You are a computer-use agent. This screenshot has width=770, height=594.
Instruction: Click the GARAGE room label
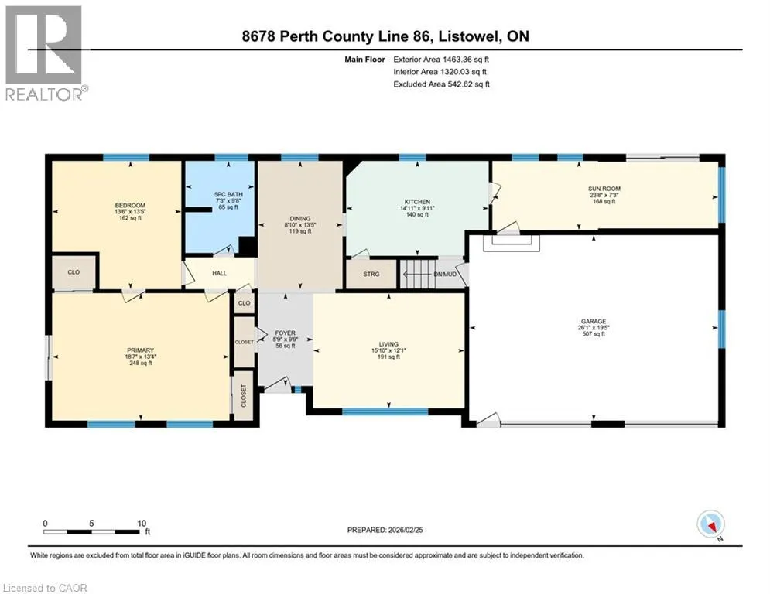pyautogui.click(x=594, y=322)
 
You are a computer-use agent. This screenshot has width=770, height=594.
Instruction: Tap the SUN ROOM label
pyautogui.click(x=604, y=189)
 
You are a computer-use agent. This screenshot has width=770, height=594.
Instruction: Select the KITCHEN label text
pyautogui.click(x=417, y=202)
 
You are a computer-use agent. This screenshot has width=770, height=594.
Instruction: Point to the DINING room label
pyautogui.click(x=300, y=219)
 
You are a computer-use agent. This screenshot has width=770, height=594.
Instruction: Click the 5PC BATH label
pyautogui.click(x=228, y=194)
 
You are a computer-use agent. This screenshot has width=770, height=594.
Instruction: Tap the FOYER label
pyautogui.click(x=285, y=333)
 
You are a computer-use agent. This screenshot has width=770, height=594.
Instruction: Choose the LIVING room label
pyautogui.click(x=388, y=344)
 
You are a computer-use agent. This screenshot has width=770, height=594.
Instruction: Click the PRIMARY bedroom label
pyautogui.click(x=140, y=350)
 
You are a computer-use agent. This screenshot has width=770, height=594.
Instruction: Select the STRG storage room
pyautogui.click(x=371, y=274)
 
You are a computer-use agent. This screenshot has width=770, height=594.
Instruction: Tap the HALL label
pyautogui.click(x=220, y=273)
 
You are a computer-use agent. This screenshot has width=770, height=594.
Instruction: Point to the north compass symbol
pyautogui.click(x=710, y=524)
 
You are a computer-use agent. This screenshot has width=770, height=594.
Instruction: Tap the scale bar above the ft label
pyautogui.click(x=92, y=531)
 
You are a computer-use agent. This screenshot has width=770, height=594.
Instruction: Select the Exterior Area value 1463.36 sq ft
pyautogui.click(x=466, y=60)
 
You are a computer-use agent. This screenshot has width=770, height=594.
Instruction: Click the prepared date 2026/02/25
pyautogui.click(x=406, y=530)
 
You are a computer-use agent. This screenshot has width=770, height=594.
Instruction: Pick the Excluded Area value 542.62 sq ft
pyautogui.click(x=468, y=84)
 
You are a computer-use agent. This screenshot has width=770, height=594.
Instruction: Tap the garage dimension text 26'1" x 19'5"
pyautogui.click(x=594, y=328)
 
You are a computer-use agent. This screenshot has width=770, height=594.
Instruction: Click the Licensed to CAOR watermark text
pyautogui.click(x=45, y=588)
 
